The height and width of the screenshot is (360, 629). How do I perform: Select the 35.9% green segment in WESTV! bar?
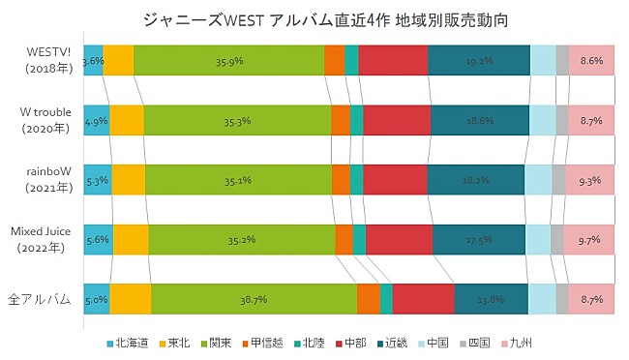tap(228, 60)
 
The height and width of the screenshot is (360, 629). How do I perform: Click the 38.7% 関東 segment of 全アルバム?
tap(254, 300)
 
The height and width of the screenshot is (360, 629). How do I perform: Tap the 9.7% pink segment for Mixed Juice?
tap(589, 239)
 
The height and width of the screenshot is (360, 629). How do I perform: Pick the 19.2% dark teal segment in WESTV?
tap(478, 60)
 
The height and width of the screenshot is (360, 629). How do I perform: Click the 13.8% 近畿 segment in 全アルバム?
tap(491, 300)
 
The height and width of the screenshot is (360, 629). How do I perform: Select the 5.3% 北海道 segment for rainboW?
tap(97, 180)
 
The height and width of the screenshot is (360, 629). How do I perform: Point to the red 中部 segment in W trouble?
tap(397, 120)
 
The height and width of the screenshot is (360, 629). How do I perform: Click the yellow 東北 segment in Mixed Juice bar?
tap(131, 240)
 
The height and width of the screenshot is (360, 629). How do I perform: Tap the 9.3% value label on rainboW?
tap(589, 180)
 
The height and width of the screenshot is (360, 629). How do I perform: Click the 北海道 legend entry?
tap(126, 343)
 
